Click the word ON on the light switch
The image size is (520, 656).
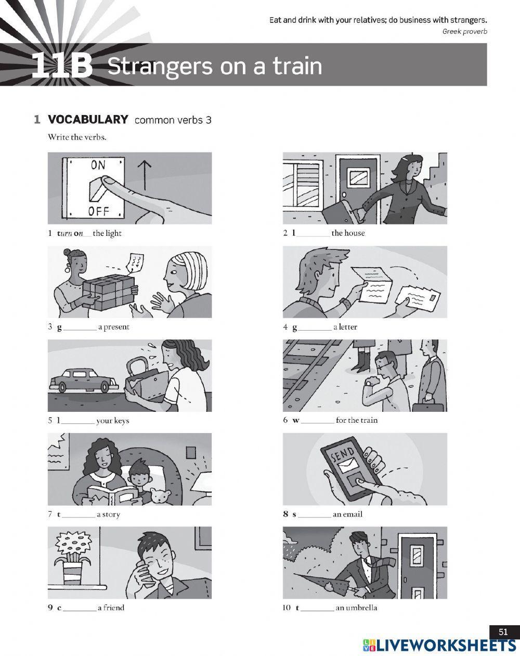[x=98, y=165]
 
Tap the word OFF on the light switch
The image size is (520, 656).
[x=98, y=211]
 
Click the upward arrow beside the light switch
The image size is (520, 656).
[x=145, y=175]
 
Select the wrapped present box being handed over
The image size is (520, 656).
[x=109, y=292]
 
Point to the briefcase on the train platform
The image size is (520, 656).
[x=427, y=403]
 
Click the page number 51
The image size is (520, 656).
[x=503, y=632]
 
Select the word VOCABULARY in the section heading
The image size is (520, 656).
[x=88, y=120]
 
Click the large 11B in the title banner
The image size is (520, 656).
[x=62, y=65]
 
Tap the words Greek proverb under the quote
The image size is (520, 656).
[x=464, y=31]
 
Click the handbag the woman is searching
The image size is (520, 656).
[x=146, y=383]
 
